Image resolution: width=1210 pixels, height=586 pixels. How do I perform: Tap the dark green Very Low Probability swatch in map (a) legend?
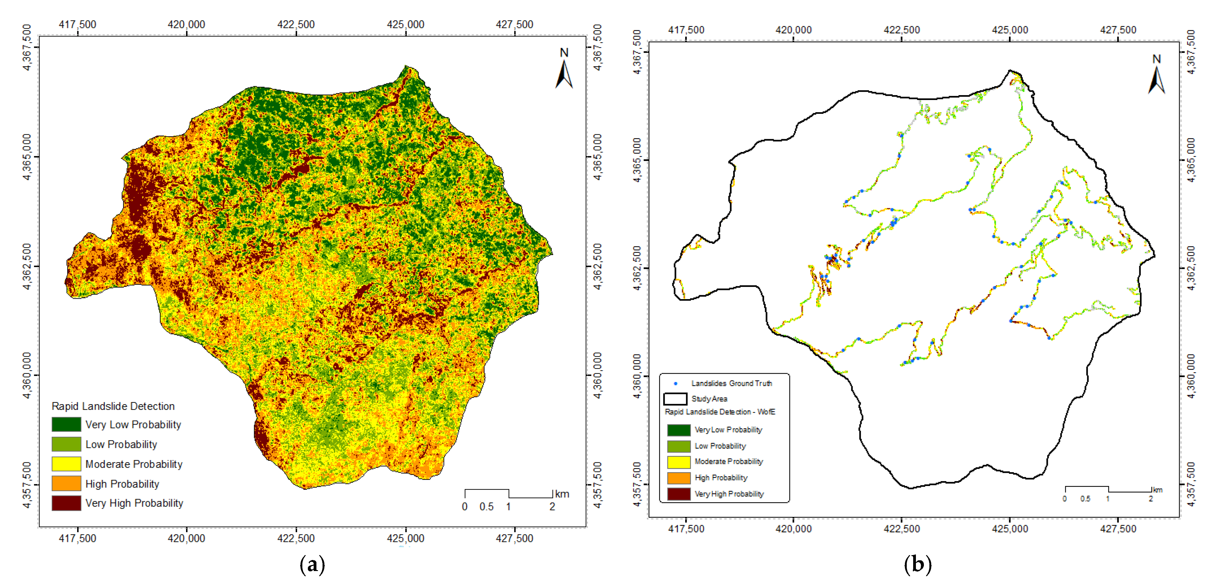coord(66,425)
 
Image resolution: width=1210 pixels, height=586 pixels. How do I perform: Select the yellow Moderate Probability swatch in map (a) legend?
coord(66,464)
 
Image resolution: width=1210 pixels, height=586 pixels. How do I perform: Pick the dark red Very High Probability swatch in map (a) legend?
coord(66,503)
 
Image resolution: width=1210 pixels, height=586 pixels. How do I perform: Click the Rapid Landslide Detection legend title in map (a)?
coord(113,406)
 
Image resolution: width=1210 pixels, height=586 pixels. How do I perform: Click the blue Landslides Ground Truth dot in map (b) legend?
coord(675,384)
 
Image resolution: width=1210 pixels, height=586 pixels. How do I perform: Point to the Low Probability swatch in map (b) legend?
coord(679,446)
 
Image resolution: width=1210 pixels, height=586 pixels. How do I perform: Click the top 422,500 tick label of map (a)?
coord(296,24)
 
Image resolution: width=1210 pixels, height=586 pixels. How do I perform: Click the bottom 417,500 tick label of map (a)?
coord(77,538)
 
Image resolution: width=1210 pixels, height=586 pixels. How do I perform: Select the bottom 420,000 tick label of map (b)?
coord(794,529)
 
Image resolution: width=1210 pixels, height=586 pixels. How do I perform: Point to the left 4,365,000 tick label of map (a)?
coord(27,157)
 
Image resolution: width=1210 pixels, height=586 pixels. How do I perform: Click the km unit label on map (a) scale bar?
coord(562,494)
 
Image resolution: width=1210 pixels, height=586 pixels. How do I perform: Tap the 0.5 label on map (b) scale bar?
coord(1085,499)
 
